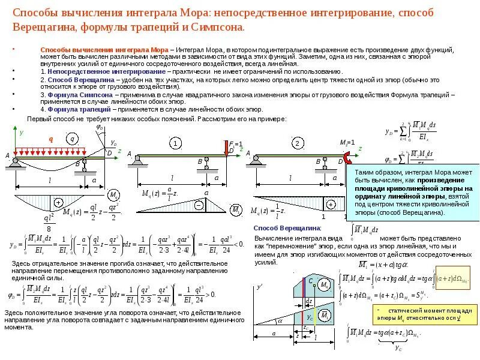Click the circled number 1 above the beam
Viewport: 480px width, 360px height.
click(175, 143)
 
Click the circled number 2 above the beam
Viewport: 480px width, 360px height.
click(297, 143)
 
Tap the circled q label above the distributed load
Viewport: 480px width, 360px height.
click(73, 139)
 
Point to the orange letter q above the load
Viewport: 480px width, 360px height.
click(51, 139)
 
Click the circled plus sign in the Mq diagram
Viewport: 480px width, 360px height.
click(59, 202)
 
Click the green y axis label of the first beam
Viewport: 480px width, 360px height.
click(21, 132)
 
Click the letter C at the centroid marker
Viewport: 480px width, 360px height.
click(310, 281)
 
